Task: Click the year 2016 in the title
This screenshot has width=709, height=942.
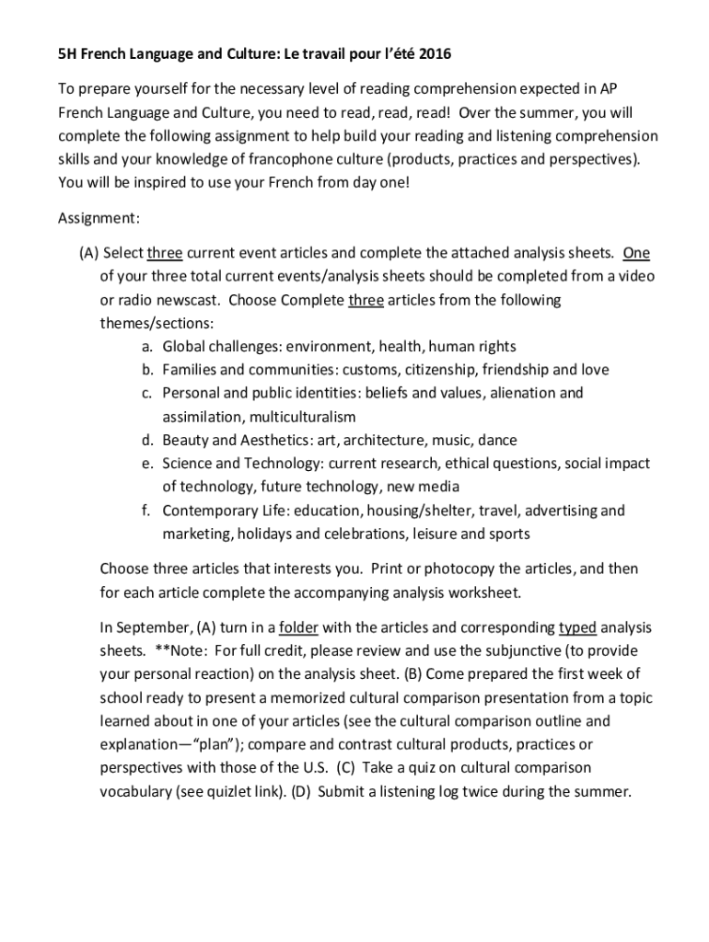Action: click(435, 55)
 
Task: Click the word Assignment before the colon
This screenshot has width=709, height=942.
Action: click(96, 218)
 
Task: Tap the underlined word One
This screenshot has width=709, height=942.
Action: click(637, 253)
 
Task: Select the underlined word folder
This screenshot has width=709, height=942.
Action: click(298, 627)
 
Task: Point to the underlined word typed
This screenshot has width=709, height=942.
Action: click(577, 627)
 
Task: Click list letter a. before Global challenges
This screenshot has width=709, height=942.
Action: click(147, 347)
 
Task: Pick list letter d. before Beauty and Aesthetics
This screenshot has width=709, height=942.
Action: click(147, 440)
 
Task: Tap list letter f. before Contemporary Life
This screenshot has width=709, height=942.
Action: click(147, 511)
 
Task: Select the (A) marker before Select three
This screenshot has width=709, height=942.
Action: click(89, 253)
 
